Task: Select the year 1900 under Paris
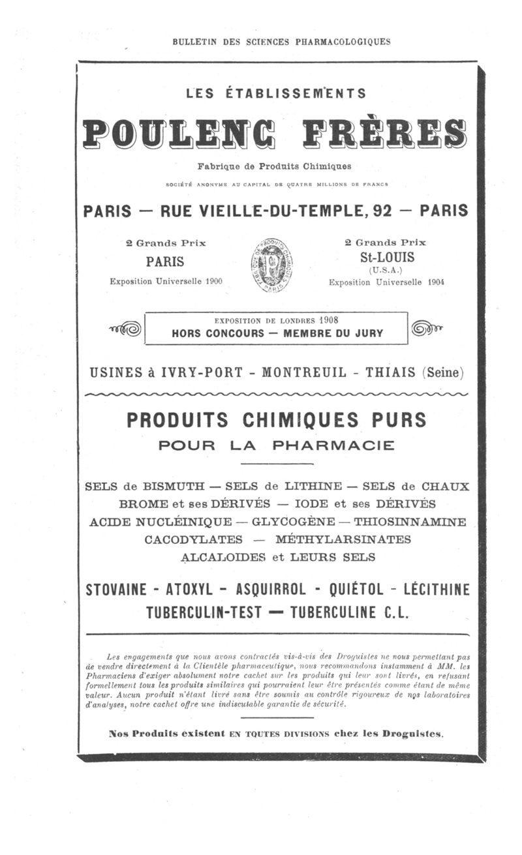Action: pyautogui.click(x=210, y=281)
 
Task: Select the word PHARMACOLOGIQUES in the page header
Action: pyautogui.click(x=344, y=42)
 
